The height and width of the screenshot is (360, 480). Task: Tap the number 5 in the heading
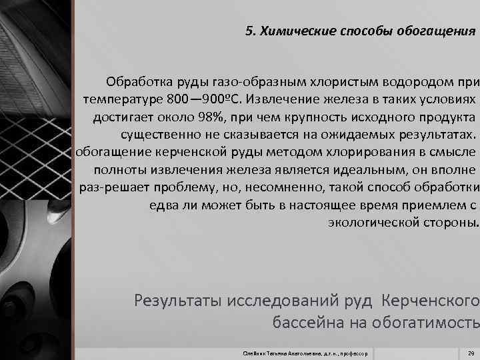[249, 31]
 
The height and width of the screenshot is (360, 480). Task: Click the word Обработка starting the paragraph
[137, 83]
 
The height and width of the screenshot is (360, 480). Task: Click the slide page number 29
[471, 351]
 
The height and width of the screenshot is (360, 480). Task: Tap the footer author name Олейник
[254, 352]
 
